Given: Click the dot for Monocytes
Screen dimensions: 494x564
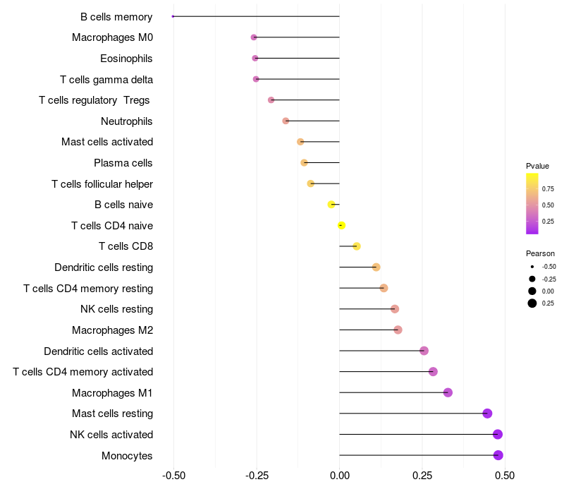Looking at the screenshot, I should (498, 455).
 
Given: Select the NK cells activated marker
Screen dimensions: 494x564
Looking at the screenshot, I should (498, 434).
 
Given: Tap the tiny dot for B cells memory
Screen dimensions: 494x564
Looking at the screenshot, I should (173, 16).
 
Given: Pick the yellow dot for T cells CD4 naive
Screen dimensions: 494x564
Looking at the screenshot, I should (341, 226).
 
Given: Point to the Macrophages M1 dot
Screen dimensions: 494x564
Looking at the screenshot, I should (448, 392).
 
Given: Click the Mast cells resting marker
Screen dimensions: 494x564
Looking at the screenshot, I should (487, 414).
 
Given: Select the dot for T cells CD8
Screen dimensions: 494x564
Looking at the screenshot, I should (357, 246).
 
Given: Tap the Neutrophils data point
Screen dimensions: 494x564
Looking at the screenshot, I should (286, 121).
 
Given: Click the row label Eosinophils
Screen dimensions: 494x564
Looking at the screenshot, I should (126, 58).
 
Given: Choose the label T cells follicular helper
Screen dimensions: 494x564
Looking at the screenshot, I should (102, 184).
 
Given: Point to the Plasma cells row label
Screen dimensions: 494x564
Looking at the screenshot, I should (123, 163).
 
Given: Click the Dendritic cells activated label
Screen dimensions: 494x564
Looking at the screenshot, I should (99, 351).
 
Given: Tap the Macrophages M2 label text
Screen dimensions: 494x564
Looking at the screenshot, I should (113, 330).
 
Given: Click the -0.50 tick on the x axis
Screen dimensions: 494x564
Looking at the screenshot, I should (173, 476).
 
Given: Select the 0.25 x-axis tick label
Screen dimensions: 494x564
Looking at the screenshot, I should (422, 476).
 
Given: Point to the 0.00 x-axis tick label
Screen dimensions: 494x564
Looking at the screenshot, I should (340, 476).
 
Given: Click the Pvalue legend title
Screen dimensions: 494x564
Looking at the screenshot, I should (537, 166).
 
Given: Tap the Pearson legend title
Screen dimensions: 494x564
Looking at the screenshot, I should (540, 253).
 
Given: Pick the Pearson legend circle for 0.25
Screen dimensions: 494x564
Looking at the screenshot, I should (532, 303).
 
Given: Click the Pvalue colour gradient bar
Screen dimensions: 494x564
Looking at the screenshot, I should (532, 203).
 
